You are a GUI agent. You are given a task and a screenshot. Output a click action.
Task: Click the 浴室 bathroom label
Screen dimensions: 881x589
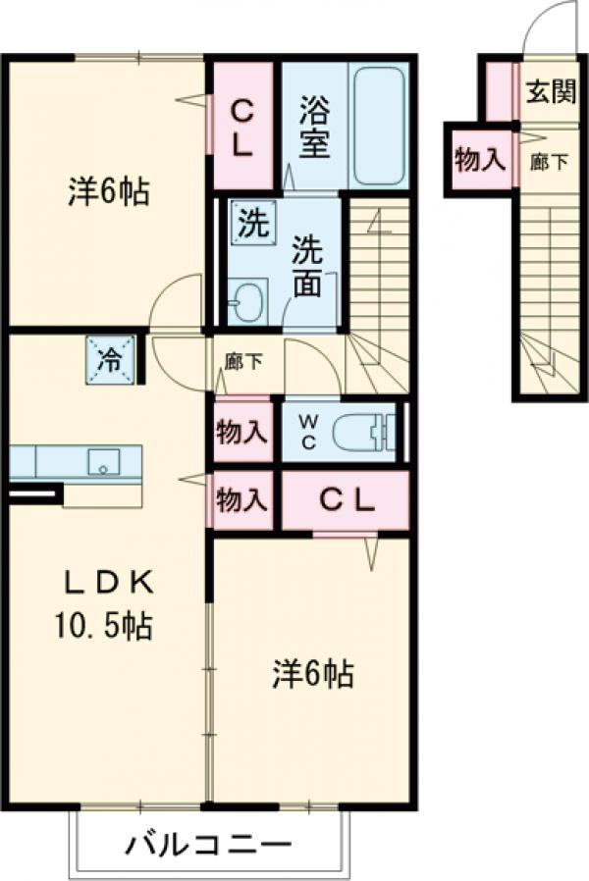click(313, 126)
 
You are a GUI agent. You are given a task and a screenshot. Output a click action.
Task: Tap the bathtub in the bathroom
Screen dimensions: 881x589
click(378, 126)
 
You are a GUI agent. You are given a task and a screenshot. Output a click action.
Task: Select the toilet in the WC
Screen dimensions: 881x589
click(361, 432)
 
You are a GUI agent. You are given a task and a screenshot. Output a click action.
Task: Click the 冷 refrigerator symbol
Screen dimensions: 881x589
click(111, 358)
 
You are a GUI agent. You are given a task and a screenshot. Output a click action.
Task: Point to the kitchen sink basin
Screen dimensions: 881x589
click(102, 461)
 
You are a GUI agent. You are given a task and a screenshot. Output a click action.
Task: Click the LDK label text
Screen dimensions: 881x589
click(110, 583)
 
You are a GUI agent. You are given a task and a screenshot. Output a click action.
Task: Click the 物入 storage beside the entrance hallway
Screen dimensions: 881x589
click(480, 158)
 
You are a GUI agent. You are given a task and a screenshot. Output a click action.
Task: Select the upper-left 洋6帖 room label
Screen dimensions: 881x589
click(108, 192)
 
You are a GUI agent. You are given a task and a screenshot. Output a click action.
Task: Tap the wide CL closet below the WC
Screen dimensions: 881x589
click(345, 500)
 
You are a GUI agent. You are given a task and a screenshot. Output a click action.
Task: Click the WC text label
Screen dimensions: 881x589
click(307, 430)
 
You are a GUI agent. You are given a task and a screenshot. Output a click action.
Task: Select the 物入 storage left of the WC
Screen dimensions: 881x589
click(241, 432)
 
